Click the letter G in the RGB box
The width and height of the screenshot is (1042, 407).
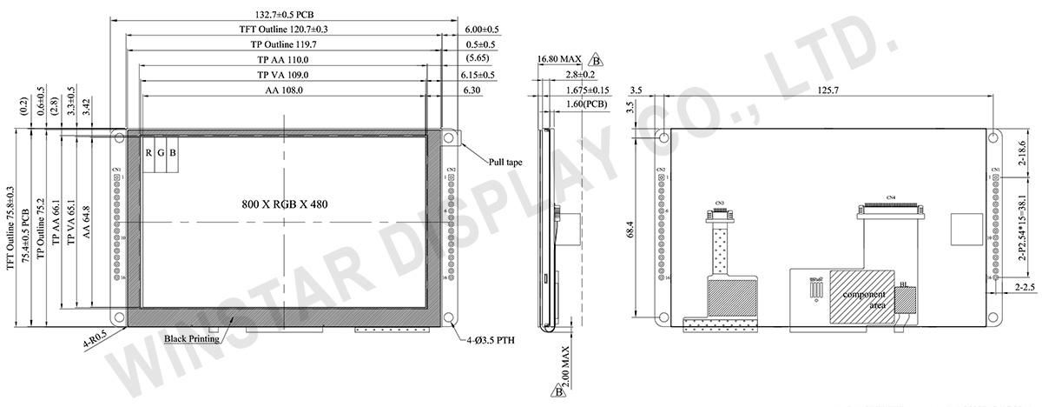[161, 153]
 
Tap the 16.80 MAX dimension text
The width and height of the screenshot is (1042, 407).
[558, 59]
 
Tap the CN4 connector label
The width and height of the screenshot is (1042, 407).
[889, 197]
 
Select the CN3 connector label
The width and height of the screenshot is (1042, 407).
[719, 203]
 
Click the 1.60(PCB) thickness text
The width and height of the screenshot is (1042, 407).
[584, 104]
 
